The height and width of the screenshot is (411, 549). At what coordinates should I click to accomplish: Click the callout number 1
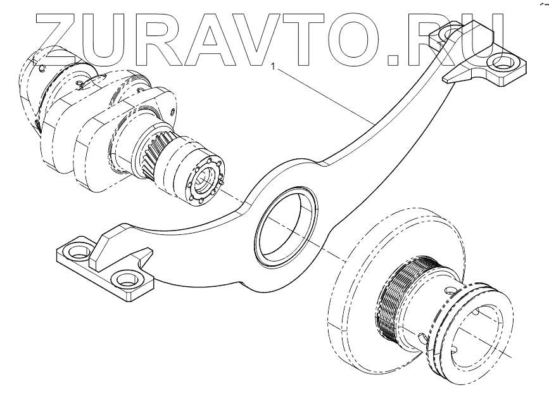click(x=273, y=66)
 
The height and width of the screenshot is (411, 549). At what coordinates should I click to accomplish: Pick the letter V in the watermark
click(x=267, y=39)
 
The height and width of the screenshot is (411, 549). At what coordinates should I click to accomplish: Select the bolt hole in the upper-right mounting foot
click(x=504, y=64)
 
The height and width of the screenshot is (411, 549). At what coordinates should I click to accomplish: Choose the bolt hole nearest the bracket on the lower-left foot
click(x=126, y=278)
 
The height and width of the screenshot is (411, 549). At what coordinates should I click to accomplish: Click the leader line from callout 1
click(x=323, y=95)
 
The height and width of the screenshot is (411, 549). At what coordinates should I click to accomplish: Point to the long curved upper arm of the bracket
click(x=393, y=120)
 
